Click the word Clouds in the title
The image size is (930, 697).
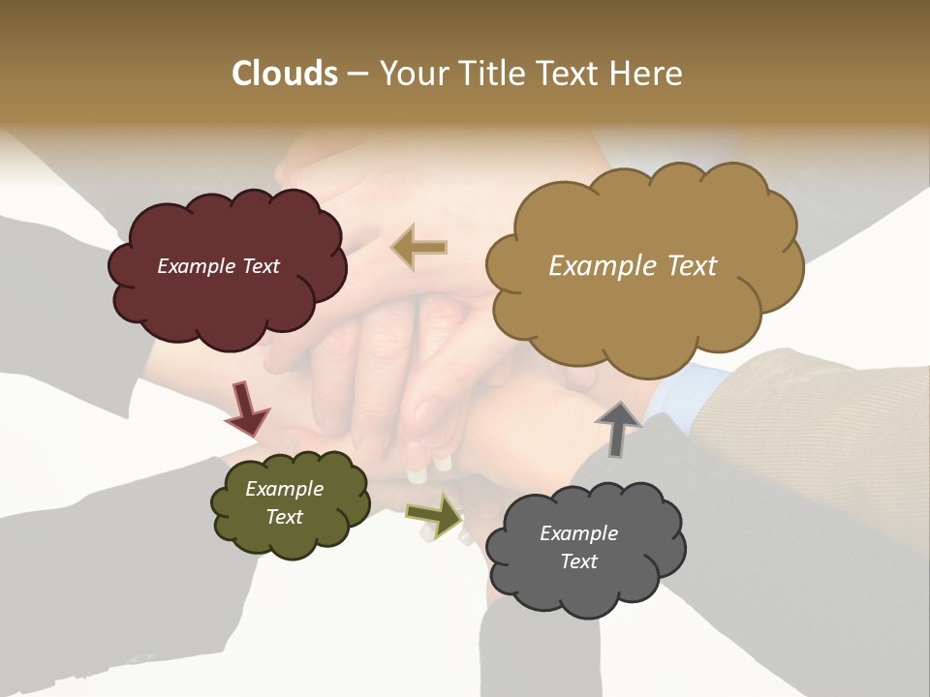(284, 74)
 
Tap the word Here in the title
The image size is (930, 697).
(647, 74)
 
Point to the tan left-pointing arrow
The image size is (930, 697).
(420, 247)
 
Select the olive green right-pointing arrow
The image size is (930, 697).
(434, 515)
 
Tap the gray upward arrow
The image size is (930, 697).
(617, 428)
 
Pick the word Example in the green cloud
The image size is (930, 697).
(284, 489)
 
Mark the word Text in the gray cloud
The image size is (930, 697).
(578, 561)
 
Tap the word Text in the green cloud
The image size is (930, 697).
(284, 517)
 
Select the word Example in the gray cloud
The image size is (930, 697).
(578, 533)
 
